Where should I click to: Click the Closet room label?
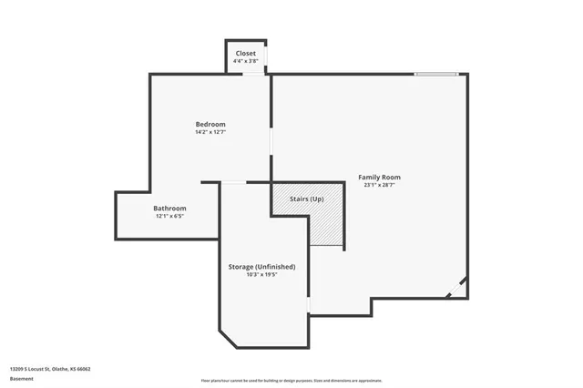pos(246,53)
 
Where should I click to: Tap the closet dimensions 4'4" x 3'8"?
pos(246,61)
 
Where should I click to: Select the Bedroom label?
pos(210,124)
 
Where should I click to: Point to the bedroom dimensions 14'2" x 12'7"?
pos(210,132)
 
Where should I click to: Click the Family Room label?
pos(379,177)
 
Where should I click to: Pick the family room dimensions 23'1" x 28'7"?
pos(379,185)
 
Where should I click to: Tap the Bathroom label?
pos(169,208)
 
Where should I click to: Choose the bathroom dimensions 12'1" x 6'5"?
pos(169,216)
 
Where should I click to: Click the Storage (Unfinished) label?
pos(261,266)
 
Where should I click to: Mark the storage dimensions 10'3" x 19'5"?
pos(261,274)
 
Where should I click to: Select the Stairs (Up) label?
pos(306,199)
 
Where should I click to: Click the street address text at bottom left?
pos(50,369)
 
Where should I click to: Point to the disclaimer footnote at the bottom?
pos(291,381)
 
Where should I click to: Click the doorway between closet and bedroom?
pos(252,74)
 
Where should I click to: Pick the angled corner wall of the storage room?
pos(228,339)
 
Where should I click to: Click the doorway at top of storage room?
pos(234,182)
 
